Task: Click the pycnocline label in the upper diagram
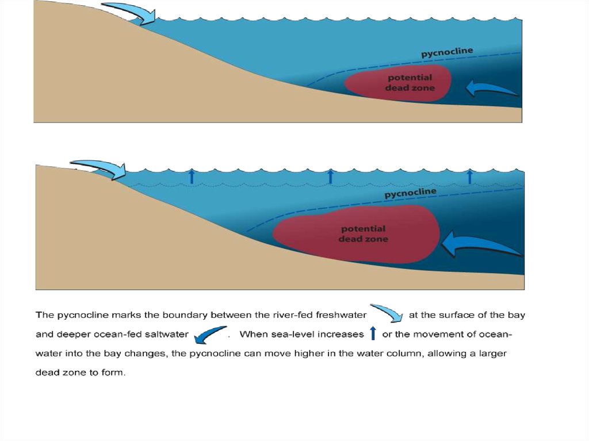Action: [447, 52]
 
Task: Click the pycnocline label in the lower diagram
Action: [411, 193]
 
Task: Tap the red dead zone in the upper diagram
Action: [398, 83]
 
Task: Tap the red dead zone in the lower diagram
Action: [356, 234]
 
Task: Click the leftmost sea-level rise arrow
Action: [192, 176]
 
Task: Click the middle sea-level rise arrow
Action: [331, 176]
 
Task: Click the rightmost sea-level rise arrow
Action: [469, 176]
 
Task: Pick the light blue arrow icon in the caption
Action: [387, 313]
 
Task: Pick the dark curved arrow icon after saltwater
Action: [211, 335]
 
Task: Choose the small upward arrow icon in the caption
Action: [373, 333]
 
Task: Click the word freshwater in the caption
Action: [341, 315]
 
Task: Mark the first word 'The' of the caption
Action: [45, 315]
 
